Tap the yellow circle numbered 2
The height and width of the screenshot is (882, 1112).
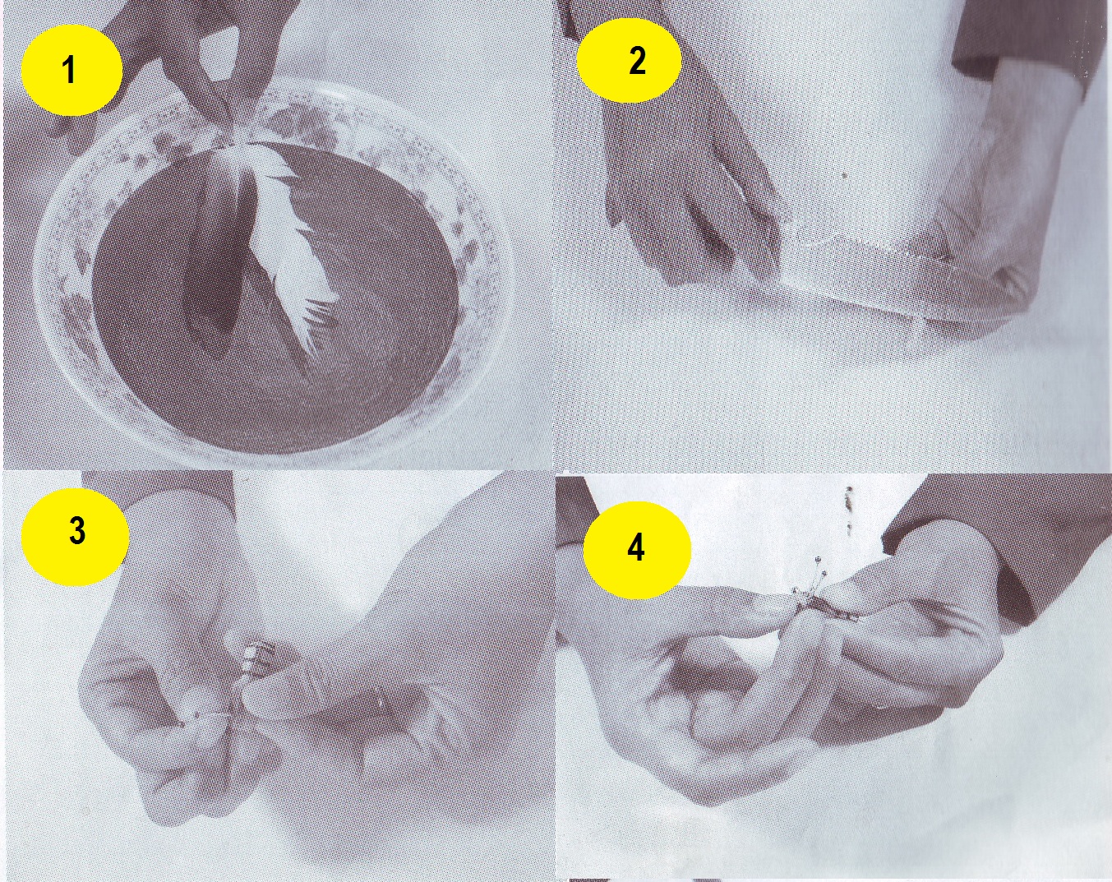pos(629,60)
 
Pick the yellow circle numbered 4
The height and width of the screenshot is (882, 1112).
pos(637,550)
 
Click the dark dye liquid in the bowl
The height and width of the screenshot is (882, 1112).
pos(279,310)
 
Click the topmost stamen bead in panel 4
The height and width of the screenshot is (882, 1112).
pos(818,560)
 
